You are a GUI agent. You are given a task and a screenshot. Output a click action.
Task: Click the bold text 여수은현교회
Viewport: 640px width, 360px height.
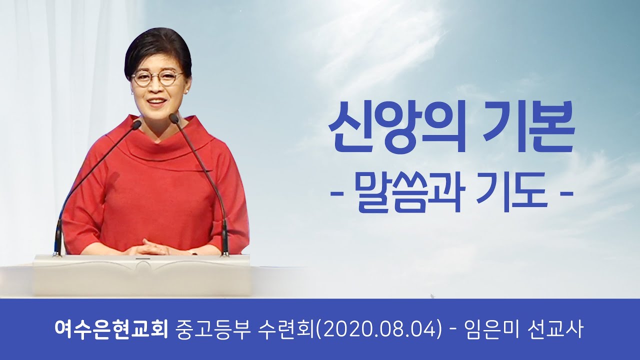tap(111, 330)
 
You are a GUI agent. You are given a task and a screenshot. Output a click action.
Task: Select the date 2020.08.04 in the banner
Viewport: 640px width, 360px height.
tap(381, 330)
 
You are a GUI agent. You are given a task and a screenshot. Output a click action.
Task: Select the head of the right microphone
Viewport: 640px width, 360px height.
tap(173, 118)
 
